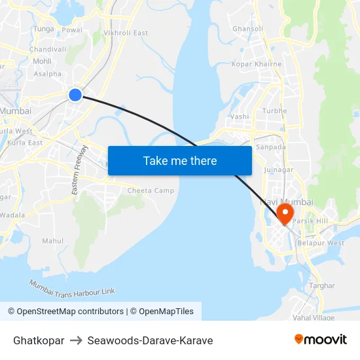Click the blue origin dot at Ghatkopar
click(x=75, y=95)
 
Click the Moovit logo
click(x=321, y=340)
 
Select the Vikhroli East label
click(x=126, y=33)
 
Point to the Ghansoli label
click(x=248, y=29)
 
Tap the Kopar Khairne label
click(x=257, y=64)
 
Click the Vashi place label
click(x=240, y=117)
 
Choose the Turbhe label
click(x=274, y=111)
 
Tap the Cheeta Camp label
click(x=151, y=190)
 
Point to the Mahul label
click(x=53, y=241)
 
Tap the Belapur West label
click(x=321, y=243)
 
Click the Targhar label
click(x=321, y=285)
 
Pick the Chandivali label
click(x=48, y=49)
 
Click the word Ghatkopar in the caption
click(x=39, y=340)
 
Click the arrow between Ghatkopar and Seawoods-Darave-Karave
click(x=75, y=340)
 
